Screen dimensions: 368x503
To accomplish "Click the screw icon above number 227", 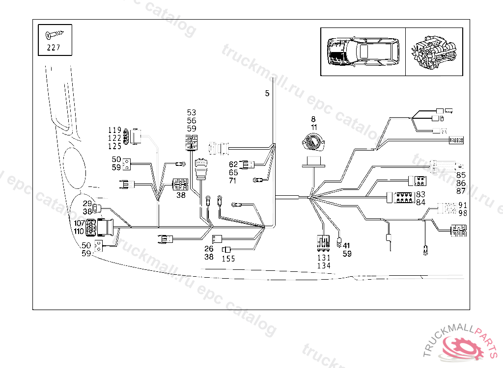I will pyautogui.click(x=55, y=35).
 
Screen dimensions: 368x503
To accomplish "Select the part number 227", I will pyautogui.click(x=55, y=48).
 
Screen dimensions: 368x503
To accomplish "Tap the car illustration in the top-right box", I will pyautogui.click(x=363, y=52).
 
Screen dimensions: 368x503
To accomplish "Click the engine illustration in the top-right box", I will pyautogui.click(x=434, y=52).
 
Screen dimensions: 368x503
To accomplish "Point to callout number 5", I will pyautogui.click(x=267, y=93).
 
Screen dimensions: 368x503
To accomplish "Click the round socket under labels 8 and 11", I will pyautogui.click(x=313, y=143).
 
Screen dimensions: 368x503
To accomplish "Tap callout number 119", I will pyautogui.click(x=114, y=130).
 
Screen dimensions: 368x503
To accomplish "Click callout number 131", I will pyautogui.click(x=324, y=258).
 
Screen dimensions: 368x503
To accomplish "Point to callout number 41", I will pyautogui.click(x=346, y=246).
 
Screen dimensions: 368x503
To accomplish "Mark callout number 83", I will pyautogui.click(x=421, y=195).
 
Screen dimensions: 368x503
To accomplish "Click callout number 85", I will pyautogui.click(x=461, y=175).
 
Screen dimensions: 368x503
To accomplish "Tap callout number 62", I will pyautogui.click(x=233, y=164).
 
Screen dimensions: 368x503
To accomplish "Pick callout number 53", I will pyautogui.click(x=192, y=113).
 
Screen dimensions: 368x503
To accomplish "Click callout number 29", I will pyautogui.click(x=87, y=204).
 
